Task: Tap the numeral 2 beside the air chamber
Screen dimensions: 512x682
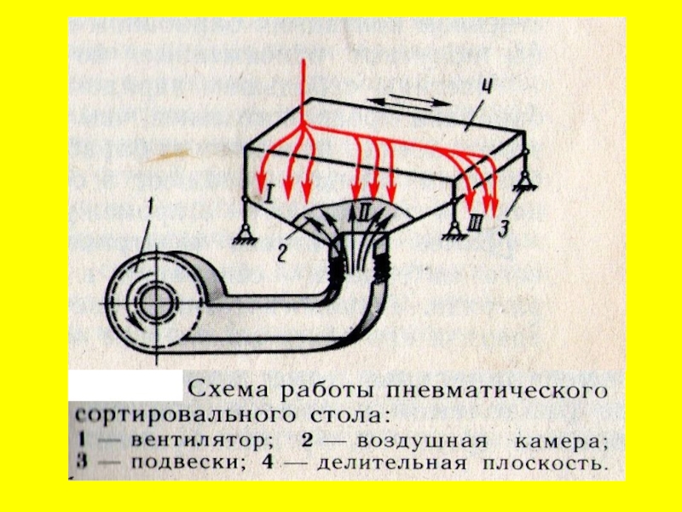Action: (x=280, y=251)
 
